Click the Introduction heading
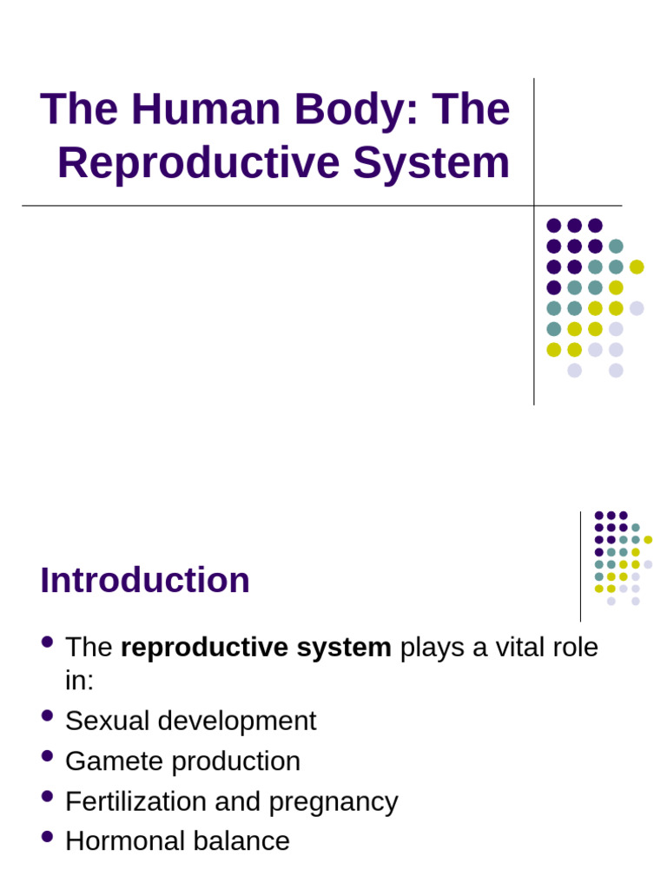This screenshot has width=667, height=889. point(145,580)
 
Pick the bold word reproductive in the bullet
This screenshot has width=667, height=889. point(192,648)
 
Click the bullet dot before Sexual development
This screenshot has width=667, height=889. point(48,717)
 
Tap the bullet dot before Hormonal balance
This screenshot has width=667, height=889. point(48,837)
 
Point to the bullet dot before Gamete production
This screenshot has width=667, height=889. point(48,757)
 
